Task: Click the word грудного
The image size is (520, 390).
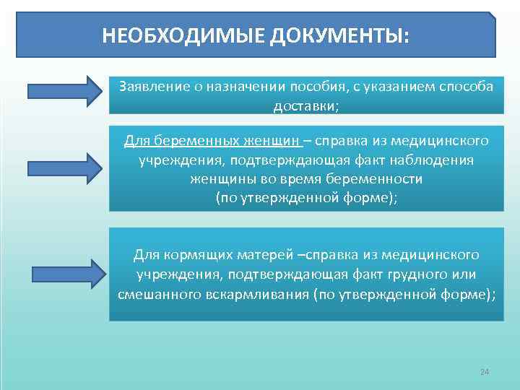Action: pyautogui.click(x=430, y=275)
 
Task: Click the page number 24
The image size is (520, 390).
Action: pyautogui.click(x=485, y=372)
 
